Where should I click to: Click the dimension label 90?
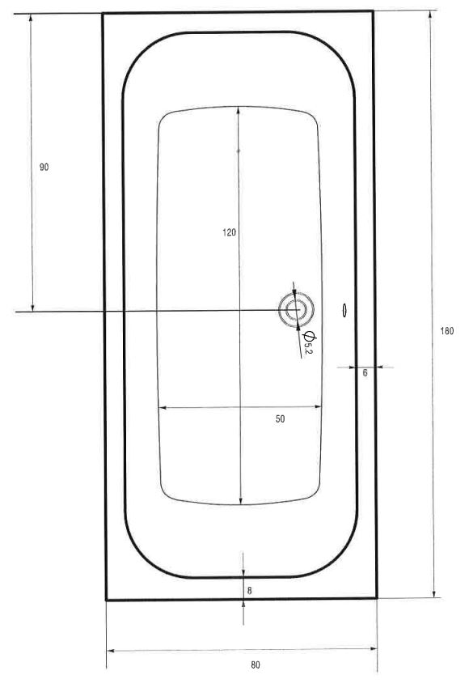point(44,168)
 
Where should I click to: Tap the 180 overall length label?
point(446,331)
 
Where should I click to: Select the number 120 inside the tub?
point(229,232)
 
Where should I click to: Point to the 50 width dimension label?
point(280,419)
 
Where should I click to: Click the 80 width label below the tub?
point(255,665)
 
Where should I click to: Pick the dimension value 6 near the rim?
point(365,373)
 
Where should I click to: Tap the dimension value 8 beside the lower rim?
point(249,591)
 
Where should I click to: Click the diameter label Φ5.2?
point(309,342)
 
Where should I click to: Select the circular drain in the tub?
point(296,310)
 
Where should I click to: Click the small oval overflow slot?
point(344,310)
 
